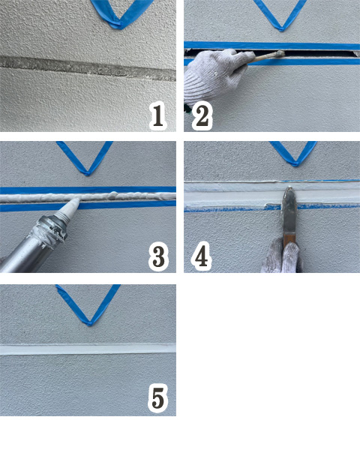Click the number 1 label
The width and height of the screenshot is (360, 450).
pyautogui.click(x=158, y=116)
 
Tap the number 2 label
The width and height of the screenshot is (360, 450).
pyautogui.click(x=202, y=116)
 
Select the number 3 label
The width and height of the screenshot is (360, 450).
pyautogui.click(x=158, y=256)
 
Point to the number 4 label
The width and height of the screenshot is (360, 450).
pyautogui.click(x=201, y=256)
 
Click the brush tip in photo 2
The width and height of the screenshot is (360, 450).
pyautogui.click(x=279, y=54)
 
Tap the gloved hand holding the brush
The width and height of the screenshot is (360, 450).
pyautogui.click(x=214, y=76)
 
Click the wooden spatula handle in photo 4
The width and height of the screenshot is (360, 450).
pyautogui.click(x=288, y=241)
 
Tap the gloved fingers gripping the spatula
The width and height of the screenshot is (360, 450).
pyautogui.click(x=282, y=256)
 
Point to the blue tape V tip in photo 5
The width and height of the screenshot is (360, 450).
pyautogui.click(x=90, y=323)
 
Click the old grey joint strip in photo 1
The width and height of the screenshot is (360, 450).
pyautogui.click(x=88, y=67)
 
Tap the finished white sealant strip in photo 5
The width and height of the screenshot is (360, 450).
pyautogui.click(x=88, y=349)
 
